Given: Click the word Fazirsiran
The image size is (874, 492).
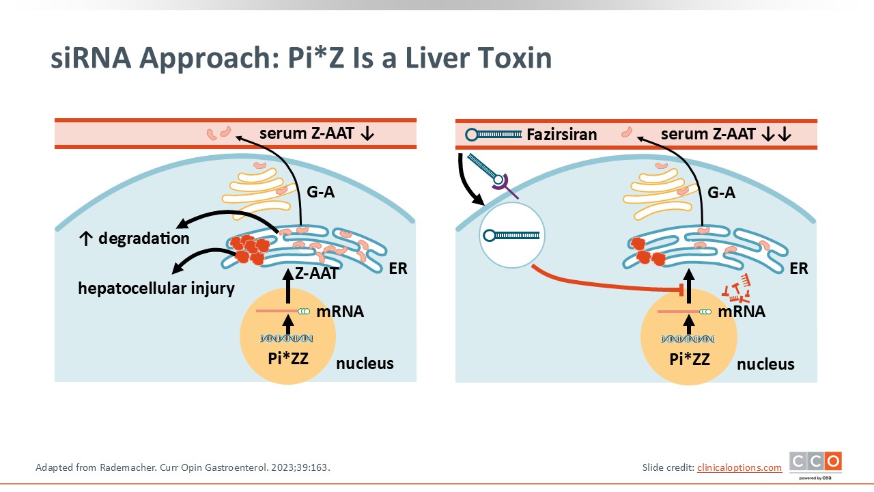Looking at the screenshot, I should pos(562,135).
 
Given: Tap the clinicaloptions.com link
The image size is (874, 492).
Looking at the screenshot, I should pos(739,467).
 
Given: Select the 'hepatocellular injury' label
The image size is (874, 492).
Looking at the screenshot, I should pos(156,288).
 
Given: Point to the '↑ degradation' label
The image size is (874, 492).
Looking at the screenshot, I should pos(134,238).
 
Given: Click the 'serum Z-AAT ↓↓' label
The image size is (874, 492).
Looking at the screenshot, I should pos(726,135).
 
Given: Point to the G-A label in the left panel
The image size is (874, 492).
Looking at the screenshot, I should pos(320,193).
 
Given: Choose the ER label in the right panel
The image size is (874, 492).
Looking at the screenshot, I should pos(798,269).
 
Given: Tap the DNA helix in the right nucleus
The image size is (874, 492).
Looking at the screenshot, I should pos(688,339).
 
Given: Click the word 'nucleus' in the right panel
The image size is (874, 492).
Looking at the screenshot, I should pos(765,364).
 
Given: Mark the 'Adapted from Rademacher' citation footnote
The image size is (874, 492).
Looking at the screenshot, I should pos(187,468).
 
